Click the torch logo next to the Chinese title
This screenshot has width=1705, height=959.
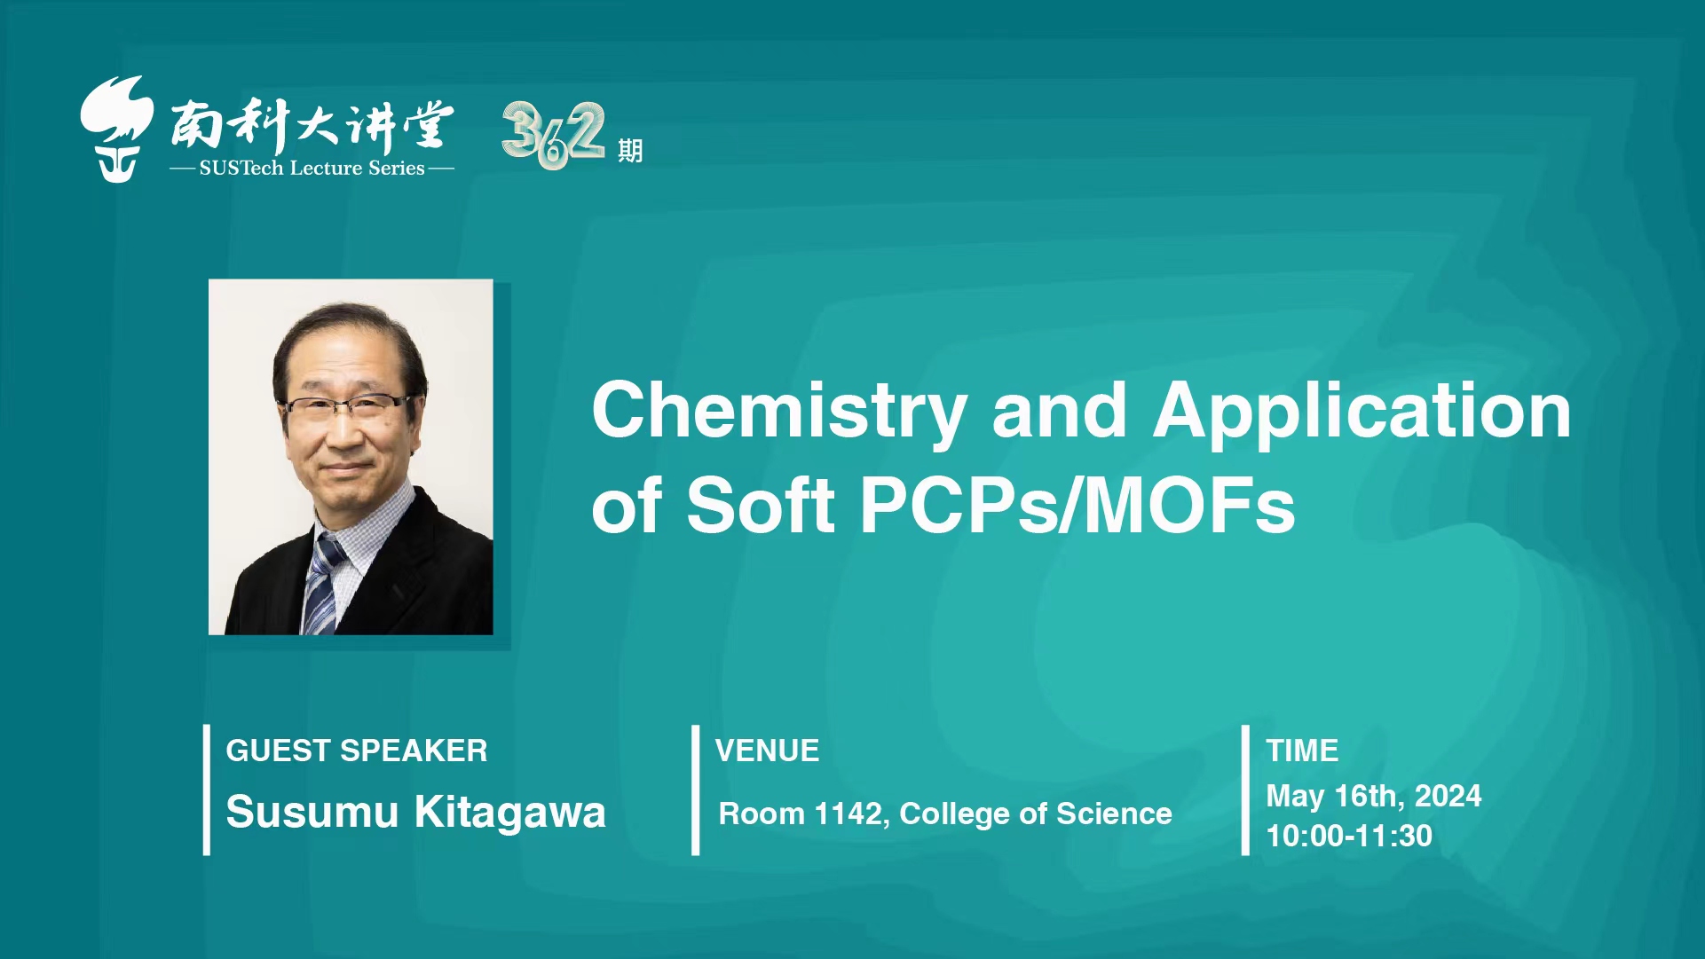point(116,129)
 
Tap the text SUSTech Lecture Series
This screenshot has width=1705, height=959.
point(312,168)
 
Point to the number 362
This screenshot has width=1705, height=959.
point(553,135)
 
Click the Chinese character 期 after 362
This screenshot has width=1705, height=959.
point(630,151)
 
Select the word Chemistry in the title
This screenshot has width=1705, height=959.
point(779,412)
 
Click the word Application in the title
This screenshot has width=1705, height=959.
point(1362,412)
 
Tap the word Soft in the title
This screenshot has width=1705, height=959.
point(761,506)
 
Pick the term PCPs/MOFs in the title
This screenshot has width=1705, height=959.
point(1077,506)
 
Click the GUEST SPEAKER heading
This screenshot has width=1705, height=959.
point(357,751)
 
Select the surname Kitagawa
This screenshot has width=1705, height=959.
point(510,813)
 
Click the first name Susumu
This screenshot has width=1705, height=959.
point(312,813)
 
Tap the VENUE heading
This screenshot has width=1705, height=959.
point(767,751)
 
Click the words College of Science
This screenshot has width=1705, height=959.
point(1036,814)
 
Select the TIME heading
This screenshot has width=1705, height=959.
point(1302,751)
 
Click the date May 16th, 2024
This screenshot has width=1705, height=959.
point(1374,797)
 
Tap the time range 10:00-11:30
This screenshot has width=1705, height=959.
point(1349,836)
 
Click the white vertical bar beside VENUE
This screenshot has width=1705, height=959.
point(696,790)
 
